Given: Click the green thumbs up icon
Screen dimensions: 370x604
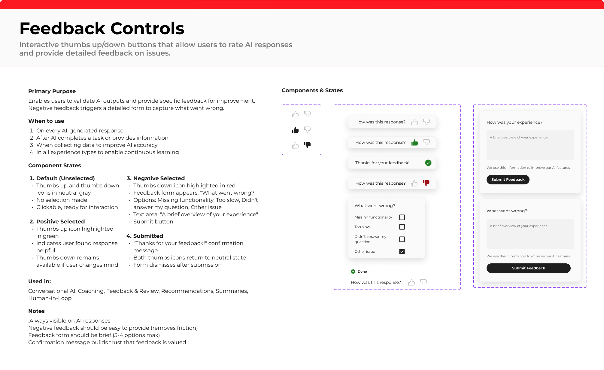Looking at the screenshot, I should point(414,142).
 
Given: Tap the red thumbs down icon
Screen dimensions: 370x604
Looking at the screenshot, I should point(426,183).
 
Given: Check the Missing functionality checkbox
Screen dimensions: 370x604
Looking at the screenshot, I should point(402,217).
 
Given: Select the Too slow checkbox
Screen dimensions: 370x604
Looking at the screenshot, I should point(402,227).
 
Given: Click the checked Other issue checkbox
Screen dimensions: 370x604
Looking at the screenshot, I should point(402,251).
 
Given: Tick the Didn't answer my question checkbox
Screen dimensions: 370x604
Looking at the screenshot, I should point(402,239).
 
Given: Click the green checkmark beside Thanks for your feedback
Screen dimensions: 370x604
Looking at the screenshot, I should point(428,163).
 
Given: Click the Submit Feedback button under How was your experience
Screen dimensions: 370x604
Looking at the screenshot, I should point(508,180).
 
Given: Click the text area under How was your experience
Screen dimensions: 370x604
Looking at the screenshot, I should point(530,145).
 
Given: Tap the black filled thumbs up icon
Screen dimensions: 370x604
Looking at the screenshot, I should point(295,130).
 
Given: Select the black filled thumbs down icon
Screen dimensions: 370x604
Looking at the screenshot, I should point(307,145).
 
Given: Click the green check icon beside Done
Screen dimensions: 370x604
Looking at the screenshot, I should point(353,271).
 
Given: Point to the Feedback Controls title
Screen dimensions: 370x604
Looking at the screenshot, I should point(102,29).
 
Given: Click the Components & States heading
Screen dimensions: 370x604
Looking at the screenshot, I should point(312,90).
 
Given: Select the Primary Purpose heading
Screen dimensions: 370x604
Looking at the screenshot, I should point(52,91).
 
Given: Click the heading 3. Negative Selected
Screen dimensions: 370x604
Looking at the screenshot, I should point(156,178).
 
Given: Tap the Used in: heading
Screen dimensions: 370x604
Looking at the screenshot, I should point(40,281).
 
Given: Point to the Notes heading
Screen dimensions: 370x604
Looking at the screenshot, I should point(36,311).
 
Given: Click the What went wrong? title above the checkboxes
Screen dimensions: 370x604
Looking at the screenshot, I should point(375,206).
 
